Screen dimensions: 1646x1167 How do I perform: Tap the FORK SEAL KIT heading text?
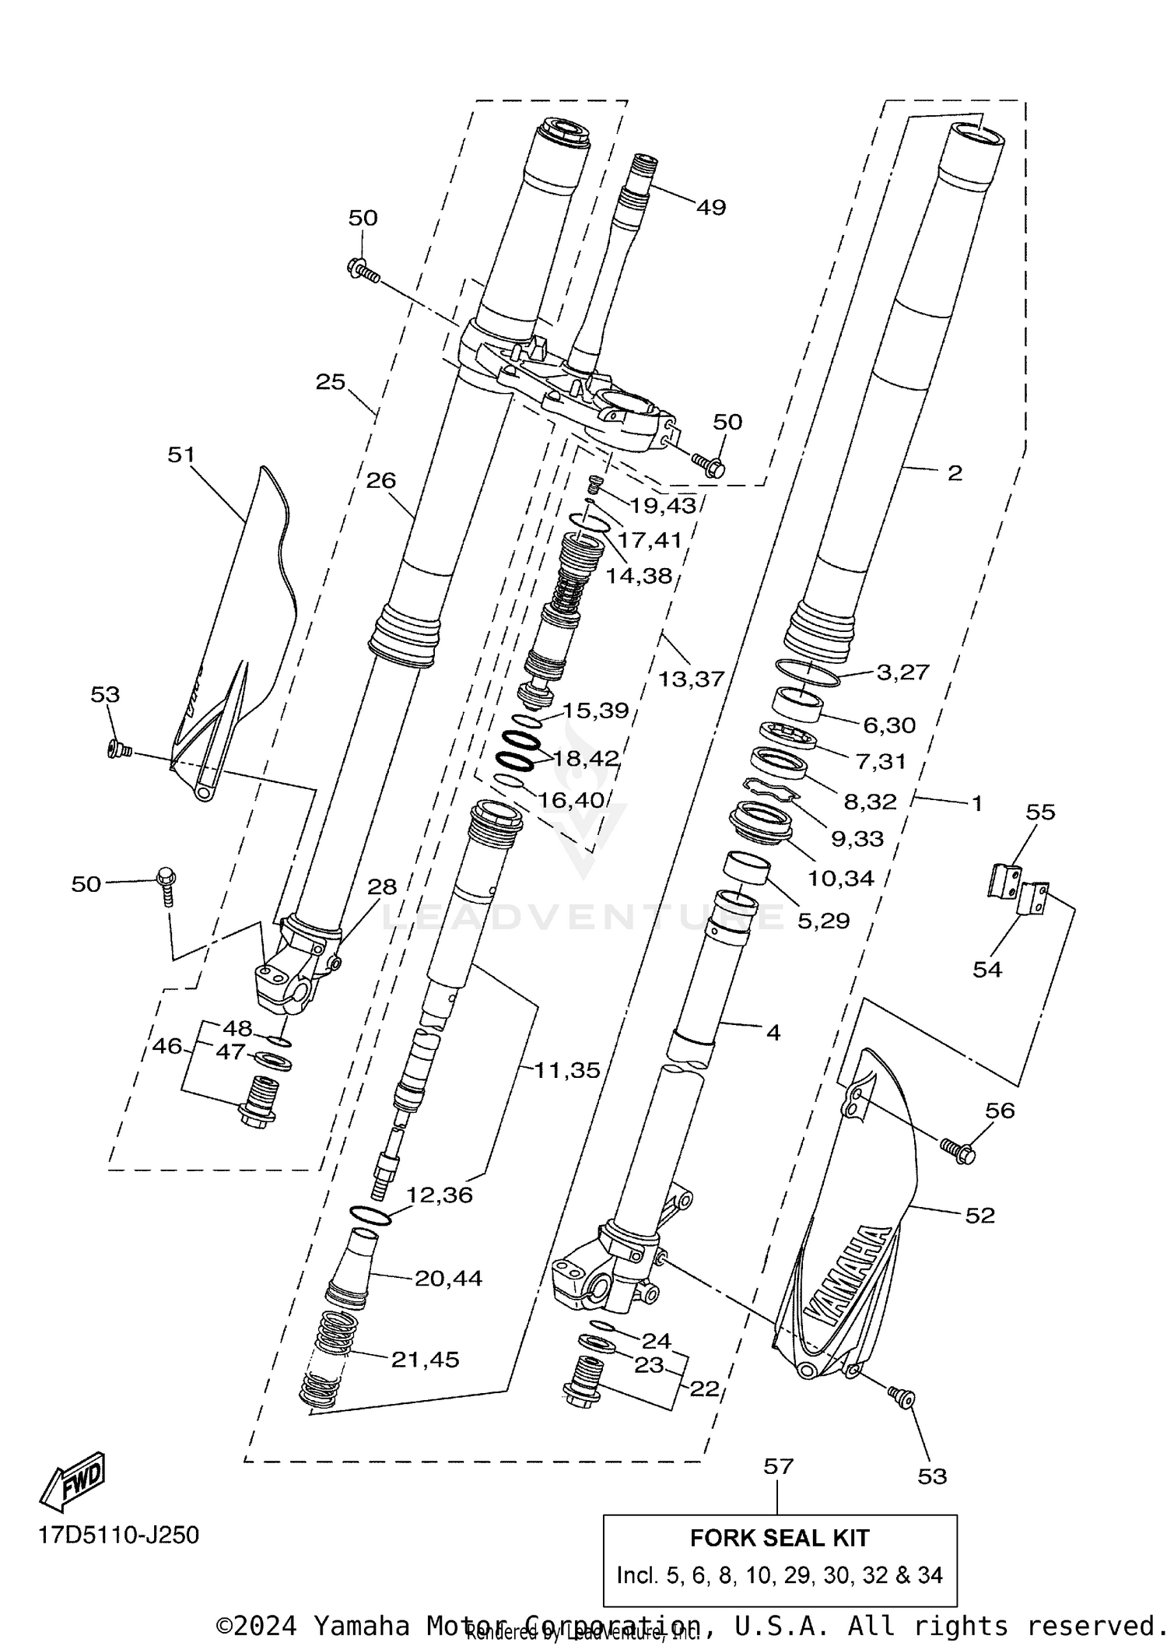(x=780, y=1538)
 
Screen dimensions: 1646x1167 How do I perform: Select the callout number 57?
(x=778, y=1466)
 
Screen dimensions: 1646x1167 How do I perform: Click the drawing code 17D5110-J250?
(x=119, y=1535)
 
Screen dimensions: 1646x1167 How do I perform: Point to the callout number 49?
(x=710, y=207)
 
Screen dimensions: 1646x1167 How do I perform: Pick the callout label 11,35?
(x=567, y=1070)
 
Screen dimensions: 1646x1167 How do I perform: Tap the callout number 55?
(x=1040, y=812)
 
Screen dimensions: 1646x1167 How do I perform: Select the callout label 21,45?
(x=425, y=1359)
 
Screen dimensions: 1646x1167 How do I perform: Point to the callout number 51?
(x=181, y=454)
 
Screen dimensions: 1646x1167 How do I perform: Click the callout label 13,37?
(x=691, y=679)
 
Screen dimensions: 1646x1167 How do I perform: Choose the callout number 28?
(x=382, y=886)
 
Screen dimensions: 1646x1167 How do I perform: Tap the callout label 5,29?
(x=823, y=920)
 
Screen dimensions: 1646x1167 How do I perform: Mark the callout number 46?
(x=167, y=1046)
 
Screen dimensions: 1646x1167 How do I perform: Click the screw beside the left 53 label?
(x=119, y=749)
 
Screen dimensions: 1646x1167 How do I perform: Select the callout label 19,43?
(x=663, y=505)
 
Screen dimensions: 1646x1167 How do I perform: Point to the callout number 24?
(x=656, y=1340)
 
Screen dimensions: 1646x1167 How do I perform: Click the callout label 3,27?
(x=902, y=672)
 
